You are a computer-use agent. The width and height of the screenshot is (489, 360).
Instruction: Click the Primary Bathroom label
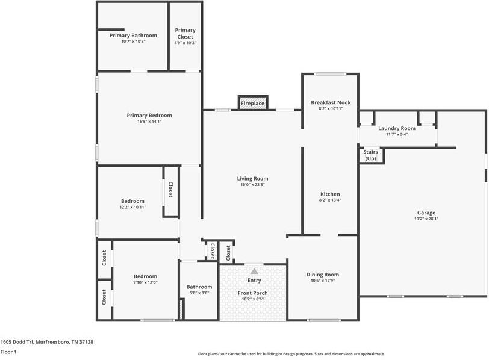point(133,36)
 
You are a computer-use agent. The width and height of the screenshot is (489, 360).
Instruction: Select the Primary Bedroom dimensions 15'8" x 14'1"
point(149,122)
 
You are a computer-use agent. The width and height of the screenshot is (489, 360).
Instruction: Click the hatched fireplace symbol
point(253,103)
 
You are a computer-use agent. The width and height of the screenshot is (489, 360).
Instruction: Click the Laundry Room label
point(396,128)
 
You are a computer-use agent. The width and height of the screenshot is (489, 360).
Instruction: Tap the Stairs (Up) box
point(371,155)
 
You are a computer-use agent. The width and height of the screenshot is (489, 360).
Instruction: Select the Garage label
point(426,213)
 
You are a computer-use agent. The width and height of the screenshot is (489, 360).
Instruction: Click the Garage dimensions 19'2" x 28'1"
point(426,219)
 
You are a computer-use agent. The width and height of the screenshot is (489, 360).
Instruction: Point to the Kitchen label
point(330,194)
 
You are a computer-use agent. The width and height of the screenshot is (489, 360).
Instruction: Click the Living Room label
point(252,178)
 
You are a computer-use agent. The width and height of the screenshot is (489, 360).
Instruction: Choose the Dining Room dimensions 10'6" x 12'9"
point(323,281)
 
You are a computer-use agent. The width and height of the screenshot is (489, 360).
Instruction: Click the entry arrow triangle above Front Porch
point(254,272)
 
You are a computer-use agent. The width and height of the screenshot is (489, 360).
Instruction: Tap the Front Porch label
point(253,293)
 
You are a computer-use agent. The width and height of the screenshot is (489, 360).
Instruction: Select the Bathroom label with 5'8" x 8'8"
point(199,287)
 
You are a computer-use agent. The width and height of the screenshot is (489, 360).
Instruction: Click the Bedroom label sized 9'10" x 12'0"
point(145,276)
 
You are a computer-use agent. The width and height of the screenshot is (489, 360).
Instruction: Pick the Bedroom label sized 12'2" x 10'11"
point(132,201)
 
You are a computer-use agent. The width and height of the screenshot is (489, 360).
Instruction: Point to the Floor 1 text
point(8,352)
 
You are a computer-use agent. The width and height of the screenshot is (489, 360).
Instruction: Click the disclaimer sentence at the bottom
point(291,354)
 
